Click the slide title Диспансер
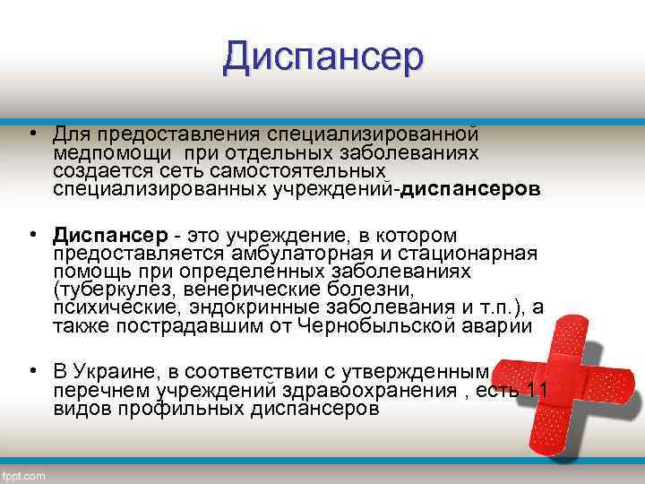coord(322,57)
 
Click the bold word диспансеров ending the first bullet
coord(471,190)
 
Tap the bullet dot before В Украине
coord(31,371)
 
